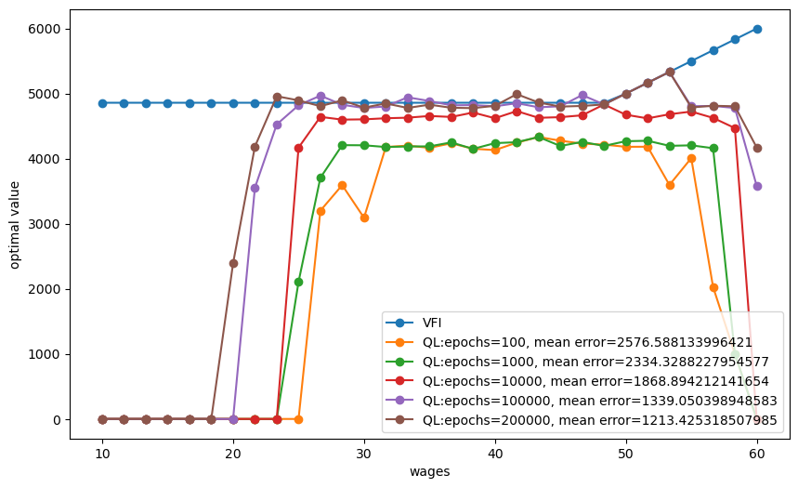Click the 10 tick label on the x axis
(x=102, y=455)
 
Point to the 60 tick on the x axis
(x=757, y=455)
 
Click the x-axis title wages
(x=429, y=472)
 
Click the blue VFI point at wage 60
(x=757, y=29)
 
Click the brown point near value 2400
(x=233, y=263)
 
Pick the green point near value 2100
(x=298, y=282)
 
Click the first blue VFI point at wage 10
(x=102, y=103)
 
